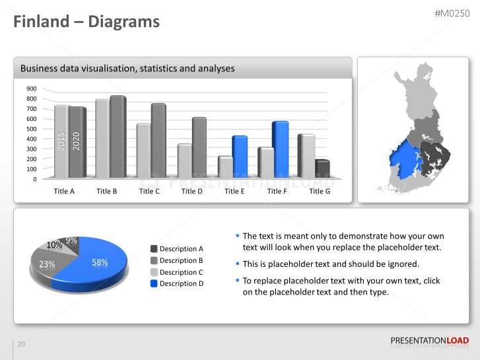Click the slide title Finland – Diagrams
click(x=86, y=22)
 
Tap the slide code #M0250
click(x=452, y=14)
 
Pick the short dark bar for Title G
click(x=322, y=169)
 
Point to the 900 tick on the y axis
click(x=31, y=89)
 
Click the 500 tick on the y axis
click(x=31, y=129)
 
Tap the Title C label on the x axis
click(x=149, y=191)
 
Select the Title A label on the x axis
click(x=64, y=191)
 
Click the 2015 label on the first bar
click(x=61, y=141)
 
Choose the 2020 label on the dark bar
click(x=76, y=141)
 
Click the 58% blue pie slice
click(x=99, y=263)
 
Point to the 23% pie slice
click(x=47, y=264)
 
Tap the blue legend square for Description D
click(x=154, y=283)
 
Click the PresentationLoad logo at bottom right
click(x=429, y=340)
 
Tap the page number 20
click(x=21, y=344)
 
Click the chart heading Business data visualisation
click(x=127, y=68)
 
